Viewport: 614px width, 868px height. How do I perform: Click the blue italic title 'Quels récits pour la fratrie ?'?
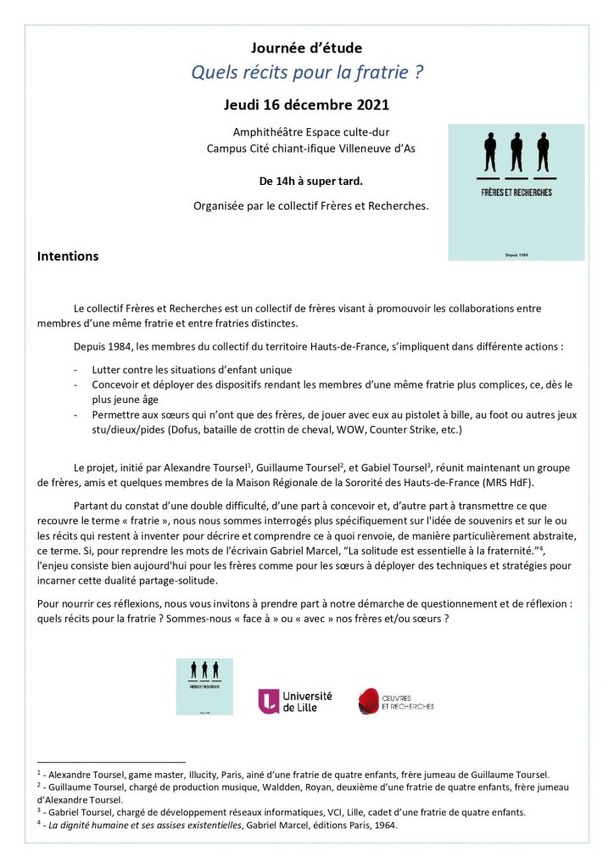307,73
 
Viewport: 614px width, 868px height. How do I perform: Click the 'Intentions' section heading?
68,256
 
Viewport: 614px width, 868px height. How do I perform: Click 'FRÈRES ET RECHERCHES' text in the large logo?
516,193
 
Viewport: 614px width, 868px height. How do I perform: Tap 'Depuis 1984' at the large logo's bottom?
516,253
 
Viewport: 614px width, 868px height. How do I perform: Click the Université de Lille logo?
295,700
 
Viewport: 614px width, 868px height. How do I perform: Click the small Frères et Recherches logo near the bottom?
204,686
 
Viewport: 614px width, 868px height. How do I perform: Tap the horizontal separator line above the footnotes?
111,762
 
